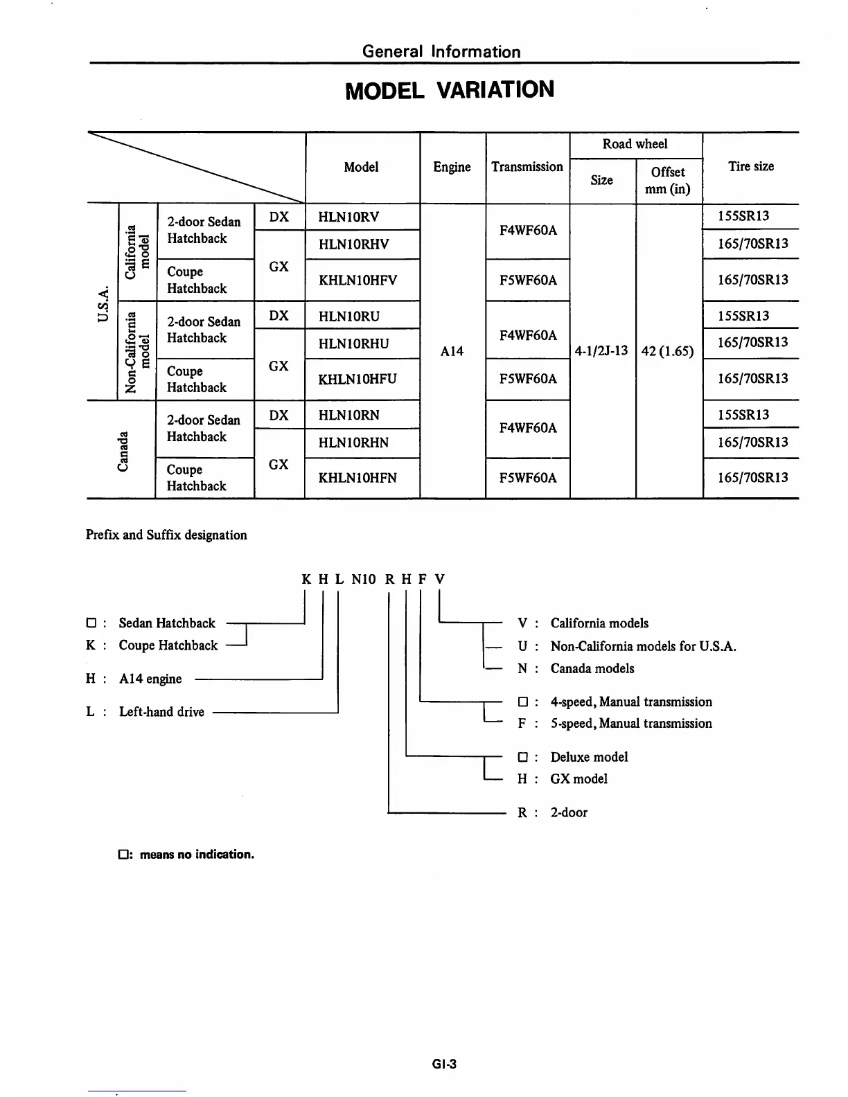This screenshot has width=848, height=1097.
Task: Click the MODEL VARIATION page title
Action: pyautogui.click(x=450, y=90)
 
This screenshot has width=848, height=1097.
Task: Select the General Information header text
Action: pyautogui.click(x=441, y=51)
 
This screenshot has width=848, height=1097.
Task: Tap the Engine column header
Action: pyautogui.click(x=452, y=167)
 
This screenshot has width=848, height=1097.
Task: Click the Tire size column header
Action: pyautogui.click(x=751, y=166)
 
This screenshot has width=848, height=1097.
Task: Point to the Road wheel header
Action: pyautogui.click(x=635, y=144)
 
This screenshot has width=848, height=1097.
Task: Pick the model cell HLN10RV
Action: pyautogui.click(x=348, y=217)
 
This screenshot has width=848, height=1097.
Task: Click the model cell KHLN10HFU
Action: pyautogui.click(x=357, y=379)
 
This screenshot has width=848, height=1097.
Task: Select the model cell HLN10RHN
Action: pyautogui.click(x=353, y=443)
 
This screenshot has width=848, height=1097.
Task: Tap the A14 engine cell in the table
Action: pyautogui.click(x=452, y=351)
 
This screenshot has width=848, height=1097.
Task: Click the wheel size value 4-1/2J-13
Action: pyautogui.click(x=602, y=350)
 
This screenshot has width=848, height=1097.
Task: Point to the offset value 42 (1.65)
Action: pyautogui.click(x=668, y=350)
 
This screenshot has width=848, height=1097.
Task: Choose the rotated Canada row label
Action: pyautogui.click(x=123, y=451)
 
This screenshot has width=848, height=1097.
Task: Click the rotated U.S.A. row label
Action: pyautogui.click(x=103, y=302)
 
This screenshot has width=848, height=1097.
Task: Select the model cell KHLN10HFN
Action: pyautogui.click(x=357, y=478)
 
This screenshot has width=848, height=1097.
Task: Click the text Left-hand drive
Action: pyautogui.click(x=161, y=712)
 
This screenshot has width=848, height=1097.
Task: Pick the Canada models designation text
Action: pyautogui.click(x=592, y=668)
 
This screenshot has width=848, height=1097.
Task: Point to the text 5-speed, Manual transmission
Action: pyautogui.click(x=631, y=723)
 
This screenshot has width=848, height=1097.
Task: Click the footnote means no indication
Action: pyautogui.click(x=196, y=855)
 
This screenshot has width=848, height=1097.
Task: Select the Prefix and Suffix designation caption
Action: pyautogui.click(x=166, y=535)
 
